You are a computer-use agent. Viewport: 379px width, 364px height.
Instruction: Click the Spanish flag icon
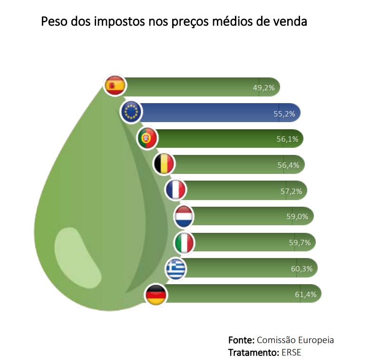point(115,86)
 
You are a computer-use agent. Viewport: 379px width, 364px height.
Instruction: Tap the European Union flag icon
point(131,112)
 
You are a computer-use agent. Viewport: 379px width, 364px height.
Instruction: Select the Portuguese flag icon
point(147,138)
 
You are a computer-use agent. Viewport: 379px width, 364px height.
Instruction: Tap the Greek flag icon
point(175,269)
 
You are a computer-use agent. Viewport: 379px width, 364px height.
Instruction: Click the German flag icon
point(155,295)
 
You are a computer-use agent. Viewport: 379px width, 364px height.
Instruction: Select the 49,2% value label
point(263,87)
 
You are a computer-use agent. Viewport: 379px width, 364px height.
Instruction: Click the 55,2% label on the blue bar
point(284,114)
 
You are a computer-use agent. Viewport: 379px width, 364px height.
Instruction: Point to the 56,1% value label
point(287,139)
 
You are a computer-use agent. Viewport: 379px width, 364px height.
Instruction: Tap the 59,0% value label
point(297,217)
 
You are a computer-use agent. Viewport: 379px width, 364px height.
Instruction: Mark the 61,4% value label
point(305,295)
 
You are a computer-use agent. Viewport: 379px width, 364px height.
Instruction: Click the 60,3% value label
point(301,269)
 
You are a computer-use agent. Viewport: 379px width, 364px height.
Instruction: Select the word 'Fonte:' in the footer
point(241,340)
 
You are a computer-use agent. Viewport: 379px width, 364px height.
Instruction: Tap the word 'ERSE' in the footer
point(291,353)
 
